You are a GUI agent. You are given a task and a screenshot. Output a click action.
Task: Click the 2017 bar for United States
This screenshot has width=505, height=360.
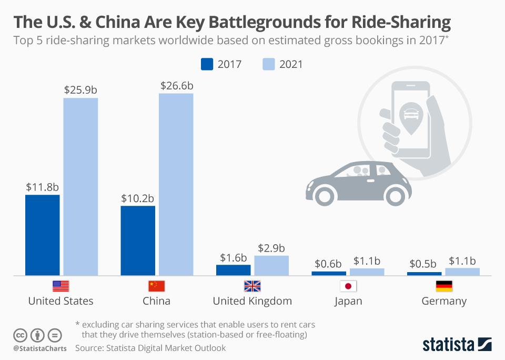43,235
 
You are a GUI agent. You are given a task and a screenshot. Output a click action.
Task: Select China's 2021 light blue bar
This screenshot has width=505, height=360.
176,184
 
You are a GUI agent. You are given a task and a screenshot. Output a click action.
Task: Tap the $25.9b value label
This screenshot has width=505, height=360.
80,89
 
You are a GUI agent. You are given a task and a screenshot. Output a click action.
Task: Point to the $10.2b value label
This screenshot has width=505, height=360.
137,198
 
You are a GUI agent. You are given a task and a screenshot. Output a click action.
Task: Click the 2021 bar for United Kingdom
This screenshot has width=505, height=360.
271,265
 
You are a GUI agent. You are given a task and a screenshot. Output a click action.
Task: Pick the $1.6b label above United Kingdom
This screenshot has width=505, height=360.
233,257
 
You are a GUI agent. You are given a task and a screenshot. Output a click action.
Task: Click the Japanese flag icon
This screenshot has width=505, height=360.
348,286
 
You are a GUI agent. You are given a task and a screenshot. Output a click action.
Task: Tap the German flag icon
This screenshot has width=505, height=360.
444,286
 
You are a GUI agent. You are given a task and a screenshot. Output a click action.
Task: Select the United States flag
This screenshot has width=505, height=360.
60,286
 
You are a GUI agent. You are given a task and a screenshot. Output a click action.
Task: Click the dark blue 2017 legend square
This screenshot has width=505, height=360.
207,64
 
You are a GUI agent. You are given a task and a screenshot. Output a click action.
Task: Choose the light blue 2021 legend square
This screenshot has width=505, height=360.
268,64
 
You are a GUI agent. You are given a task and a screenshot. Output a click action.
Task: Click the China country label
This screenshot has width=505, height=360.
156,301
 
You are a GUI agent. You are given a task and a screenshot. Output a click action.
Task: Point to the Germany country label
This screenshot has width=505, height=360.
444,301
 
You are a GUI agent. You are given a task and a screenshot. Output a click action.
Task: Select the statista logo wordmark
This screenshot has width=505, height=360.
448,345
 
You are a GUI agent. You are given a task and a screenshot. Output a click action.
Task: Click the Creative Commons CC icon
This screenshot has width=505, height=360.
20,335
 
